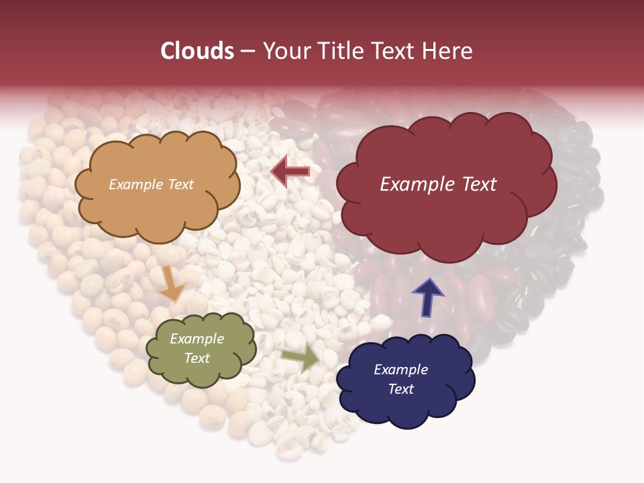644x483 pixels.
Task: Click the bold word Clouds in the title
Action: click(197, 51)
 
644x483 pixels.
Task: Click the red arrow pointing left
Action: click(290, 172)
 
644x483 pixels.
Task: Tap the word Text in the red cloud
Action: click(475, 184)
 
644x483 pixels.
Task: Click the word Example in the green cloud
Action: click(197, 339)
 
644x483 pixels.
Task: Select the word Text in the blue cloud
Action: click(400, 389)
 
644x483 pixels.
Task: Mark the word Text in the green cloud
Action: click(197, 358)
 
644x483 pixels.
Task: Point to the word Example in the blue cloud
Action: click(400, 370)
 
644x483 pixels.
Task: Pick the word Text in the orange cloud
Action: click(180, 184)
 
